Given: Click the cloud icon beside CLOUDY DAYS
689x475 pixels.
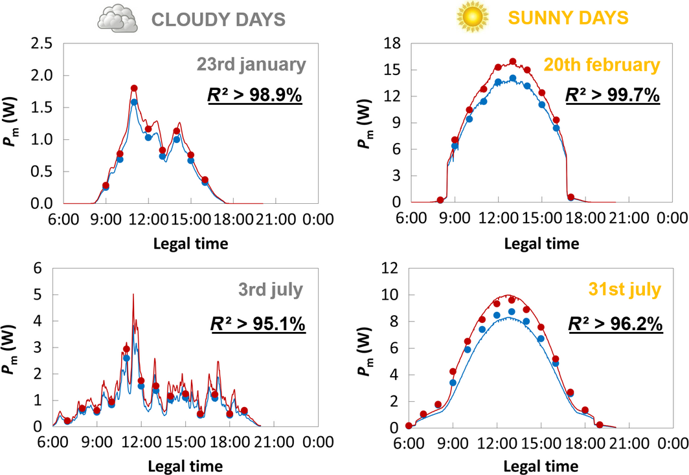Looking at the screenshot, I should point(117,18).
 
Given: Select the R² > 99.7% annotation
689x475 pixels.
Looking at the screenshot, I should point(612,95).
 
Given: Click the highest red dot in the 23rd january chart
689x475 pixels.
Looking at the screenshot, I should point(134,88).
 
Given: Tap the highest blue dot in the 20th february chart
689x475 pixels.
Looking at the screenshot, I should point(513,78).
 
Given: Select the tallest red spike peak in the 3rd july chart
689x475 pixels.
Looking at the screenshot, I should point(133,294).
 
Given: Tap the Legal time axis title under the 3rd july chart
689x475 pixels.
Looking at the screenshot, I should point(186,465).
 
